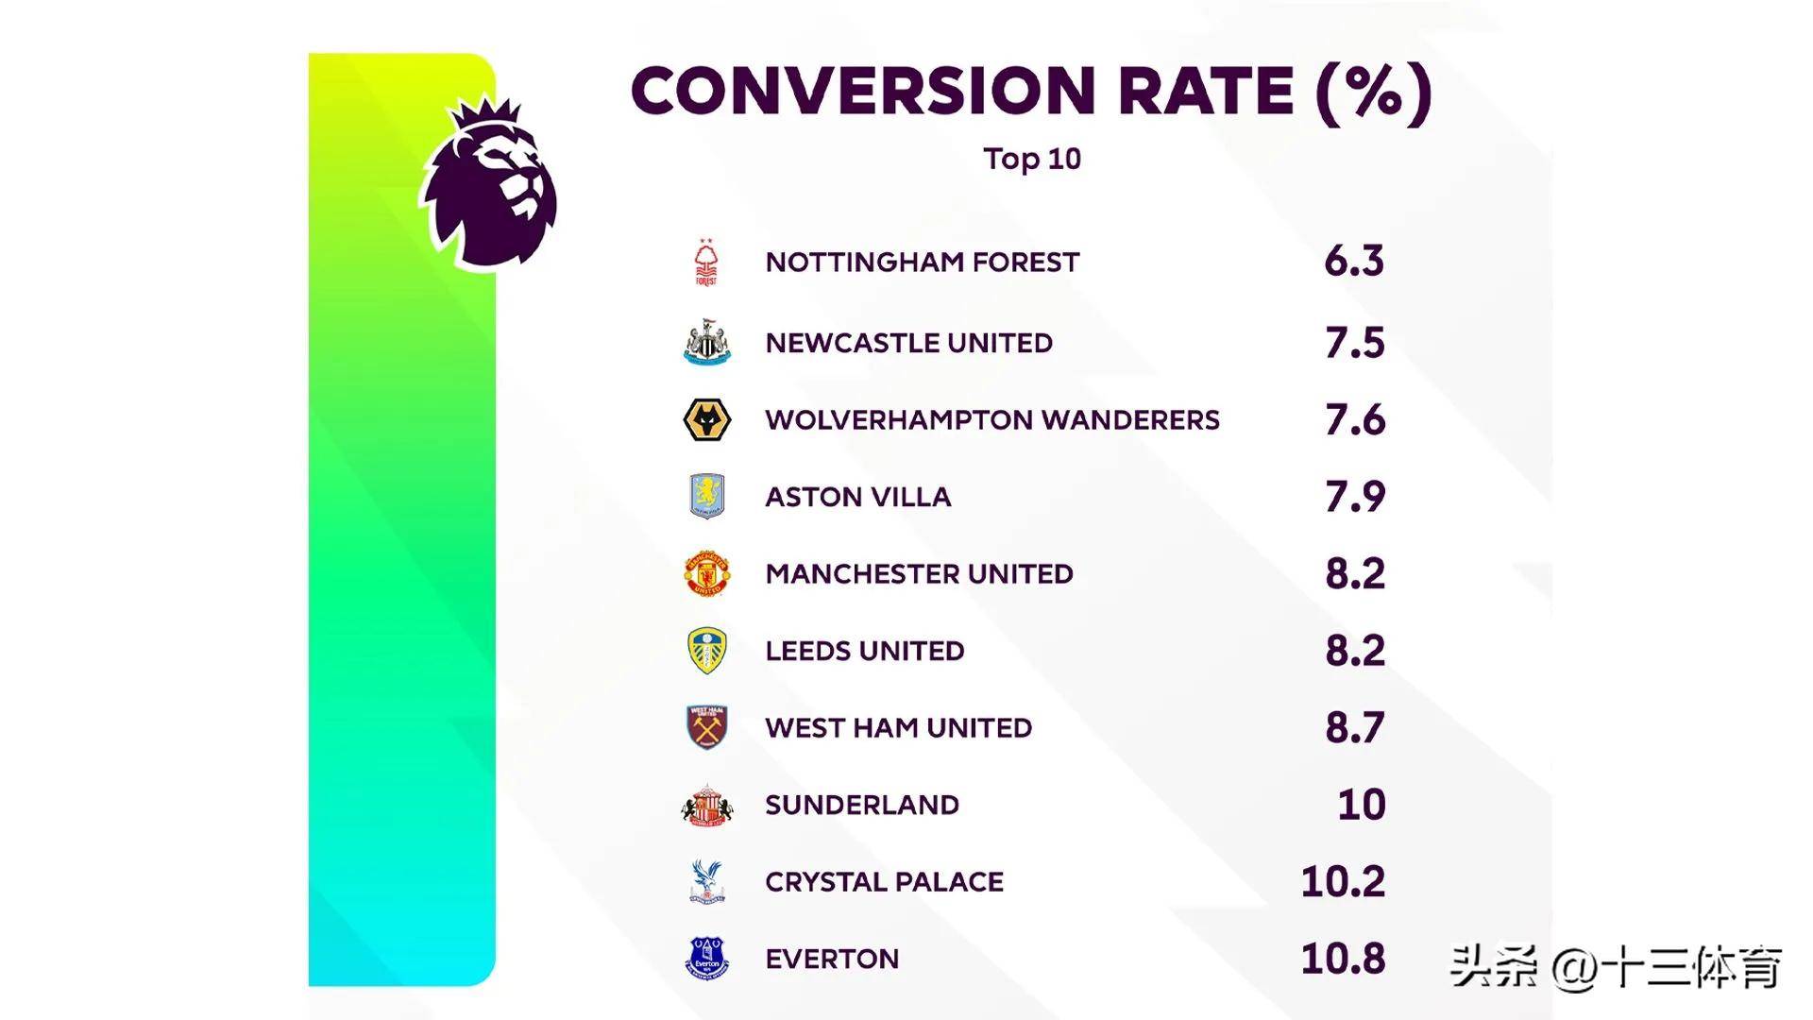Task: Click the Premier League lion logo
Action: click(x=488, y=184)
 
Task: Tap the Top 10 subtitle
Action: click(x=1031, y=159)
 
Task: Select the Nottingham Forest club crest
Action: click(x=706, y=263)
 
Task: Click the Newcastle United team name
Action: click(x=908, y=343)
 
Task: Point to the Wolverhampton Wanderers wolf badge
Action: click(x=706, y=420)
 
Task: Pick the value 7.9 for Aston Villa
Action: click(x=1355, y=497)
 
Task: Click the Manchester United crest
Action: click(x=706, y=574)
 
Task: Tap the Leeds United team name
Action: click(x=864, y=651)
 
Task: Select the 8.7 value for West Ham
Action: click(x=1355, y=728)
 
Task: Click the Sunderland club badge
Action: click(x=706, y=806)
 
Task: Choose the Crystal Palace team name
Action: click(x=884, y=882)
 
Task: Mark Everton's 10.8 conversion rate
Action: click(x=1343, y=960)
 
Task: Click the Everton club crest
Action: click(x=706, y=959)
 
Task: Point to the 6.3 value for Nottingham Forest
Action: click(x=1354, y=262)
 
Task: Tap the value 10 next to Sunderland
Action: click(x=1362, y=806)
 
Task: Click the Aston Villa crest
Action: click(x=706, y=497)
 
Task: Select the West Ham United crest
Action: click(x=706, y=728)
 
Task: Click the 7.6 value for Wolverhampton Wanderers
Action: click(x=1355, y=420)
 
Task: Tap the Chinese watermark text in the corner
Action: click(x=1616, y=967)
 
